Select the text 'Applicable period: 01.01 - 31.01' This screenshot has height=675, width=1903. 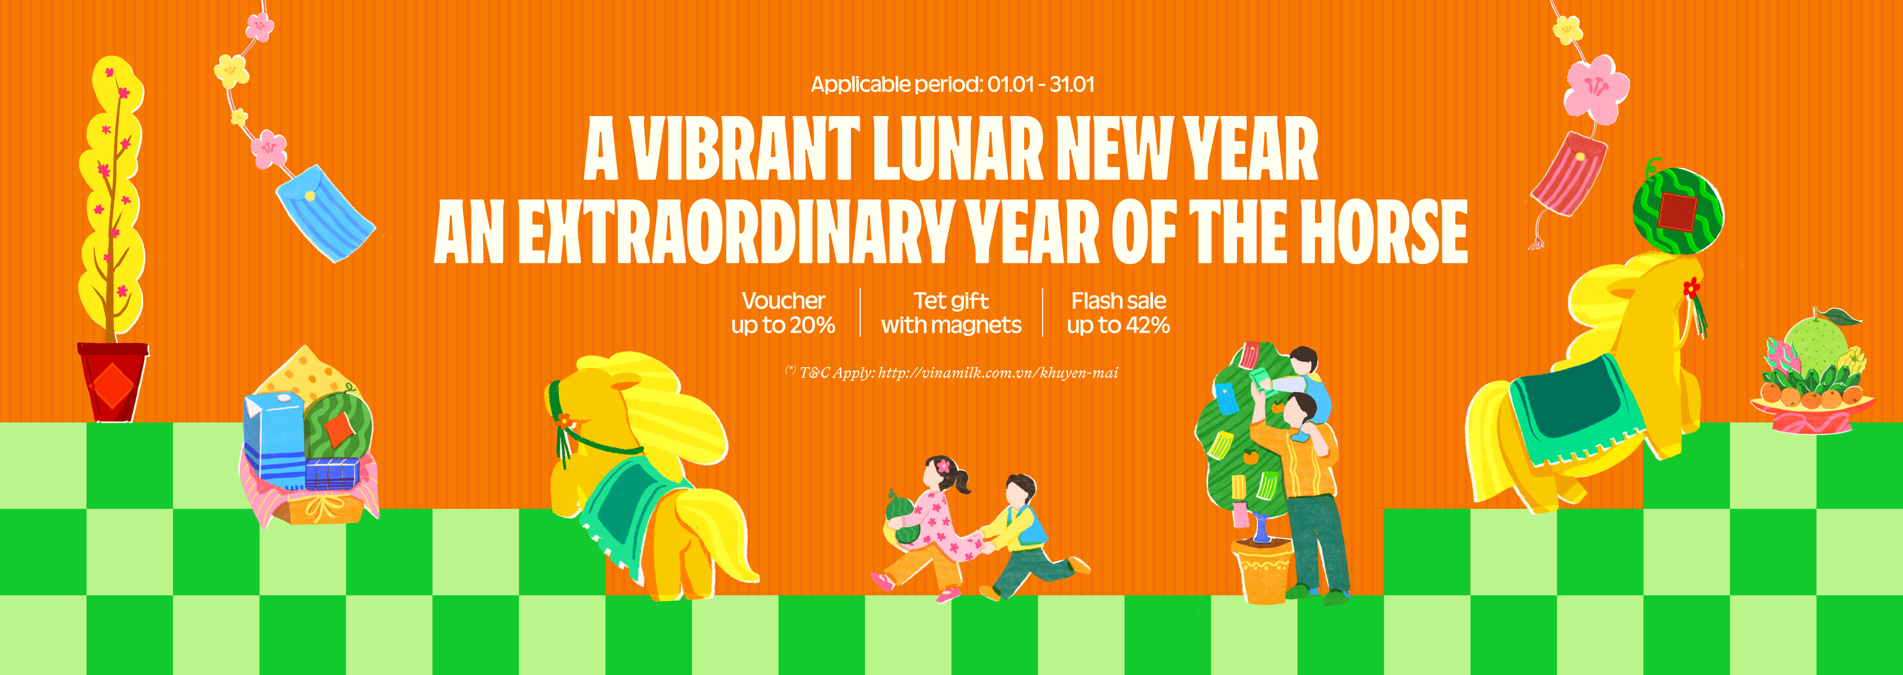coord(952,84)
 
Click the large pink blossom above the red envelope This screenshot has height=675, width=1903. coord(1596,89)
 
